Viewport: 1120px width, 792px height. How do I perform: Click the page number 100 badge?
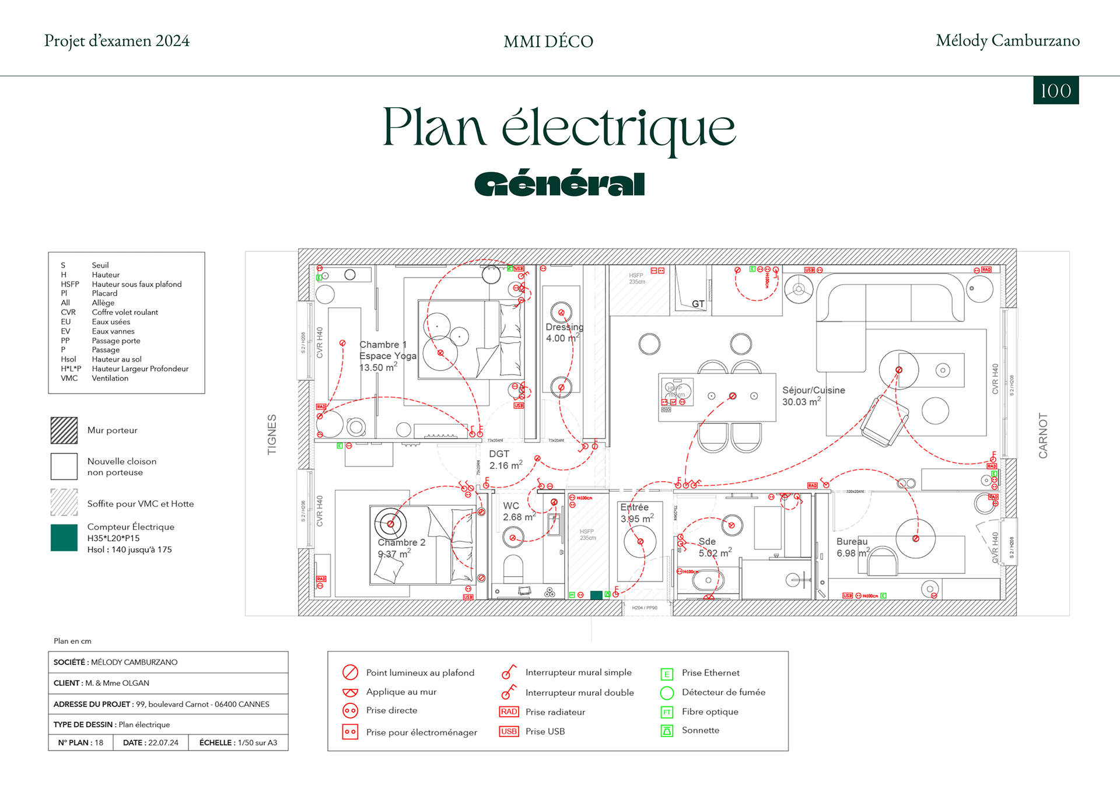(1056, 90)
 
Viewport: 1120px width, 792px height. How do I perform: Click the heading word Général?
(559, 184)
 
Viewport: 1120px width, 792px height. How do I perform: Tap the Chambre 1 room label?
(383, 345)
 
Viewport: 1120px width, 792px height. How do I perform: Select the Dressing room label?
(564, 327)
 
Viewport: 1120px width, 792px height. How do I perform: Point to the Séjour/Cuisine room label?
(813, 390)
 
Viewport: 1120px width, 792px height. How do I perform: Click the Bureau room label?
(852, 541)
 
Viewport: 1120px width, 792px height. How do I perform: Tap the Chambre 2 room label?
(401, 542)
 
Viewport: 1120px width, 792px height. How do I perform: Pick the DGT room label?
(499, 454)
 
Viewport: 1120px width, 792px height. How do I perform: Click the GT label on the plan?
(698, 304)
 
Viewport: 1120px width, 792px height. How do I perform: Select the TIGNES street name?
(272, 434)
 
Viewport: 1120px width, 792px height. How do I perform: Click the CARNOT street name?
(1043, 435)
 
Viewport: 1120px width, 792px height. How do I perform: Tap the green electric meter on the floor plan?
(596, 595)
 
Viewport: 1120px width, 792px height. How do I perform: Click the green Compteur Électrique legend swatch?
(64, 538)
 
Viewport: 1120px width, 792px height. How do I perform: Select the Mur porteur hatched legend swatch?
(64, 430)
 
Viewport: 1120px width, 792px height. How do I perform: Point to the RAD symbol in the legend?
(509, 712)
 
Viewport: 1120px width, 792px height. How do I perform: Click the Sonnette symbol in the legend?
(667, 730)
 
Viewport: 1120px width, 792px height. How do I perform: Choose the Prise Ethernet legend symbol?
(667, 674)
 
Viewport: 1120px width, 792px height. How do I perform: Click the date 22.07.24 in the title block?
(163, 742)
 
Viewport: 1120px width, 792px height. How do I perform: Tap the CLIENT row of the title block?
(168, 683)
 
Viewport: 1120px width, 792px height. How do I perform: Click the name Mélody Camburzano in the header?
(1007, 41)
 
